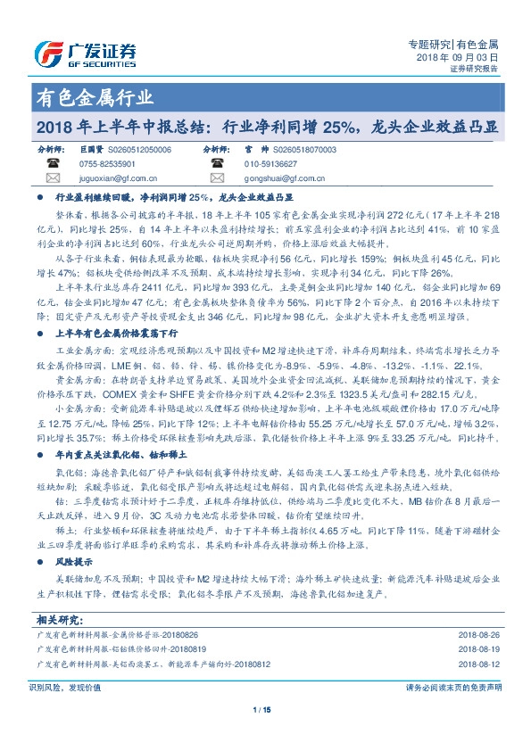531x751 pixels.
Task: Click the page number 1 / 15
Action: coord(265,735)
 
